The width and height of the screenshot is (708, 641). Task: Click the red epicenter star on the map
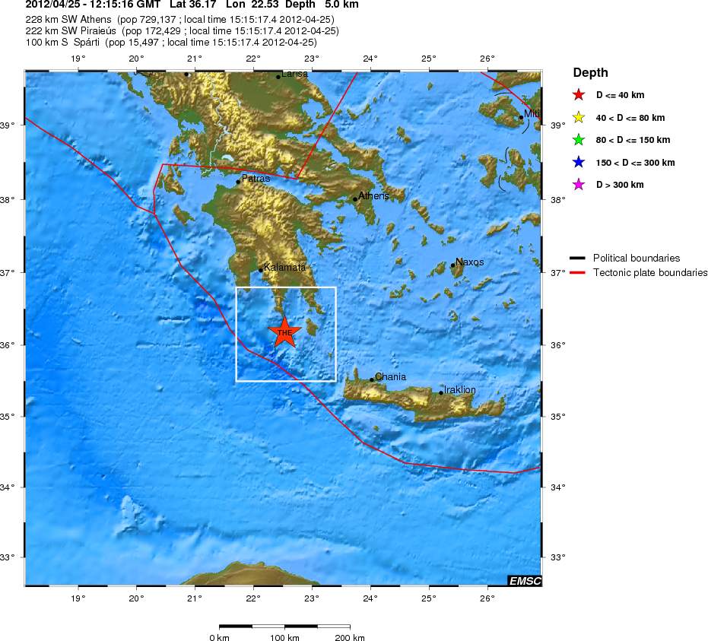(284, 332)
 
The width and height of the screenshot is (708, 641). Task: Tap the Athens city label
(373, 195)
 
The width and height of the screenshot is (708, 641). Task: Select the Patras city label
(256, 179)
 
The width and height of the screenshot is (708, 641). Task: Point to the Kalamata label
(285, 267)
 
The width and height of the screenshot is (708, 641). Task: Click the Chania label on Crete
(391, 376)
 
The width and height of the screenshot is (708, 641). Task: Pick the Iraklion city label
(460, 390)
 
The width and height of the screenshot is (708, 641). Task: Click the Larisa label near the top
(295, 74)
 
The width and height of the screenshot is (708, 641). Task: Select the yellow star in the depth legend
(579, 118)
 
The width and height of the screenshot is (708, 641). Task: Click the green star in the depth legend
(579, 140)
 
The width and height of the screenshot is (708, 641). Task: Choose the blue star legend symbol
(579, 163)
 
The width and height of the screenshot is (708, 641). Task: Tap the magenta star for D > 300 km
(579, 185)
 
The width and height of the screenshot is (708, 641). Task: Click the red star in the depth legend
(579, 96)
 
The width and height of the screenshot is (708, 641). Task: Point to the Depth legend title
(590, 73)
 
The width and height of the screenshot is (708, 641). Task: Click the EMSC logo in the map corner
(524, 581)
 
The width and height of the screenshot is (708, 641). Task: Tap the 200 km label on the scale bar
(349, 637)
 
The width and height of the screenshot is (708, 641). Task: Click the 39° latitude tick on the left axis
(13, 125)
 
